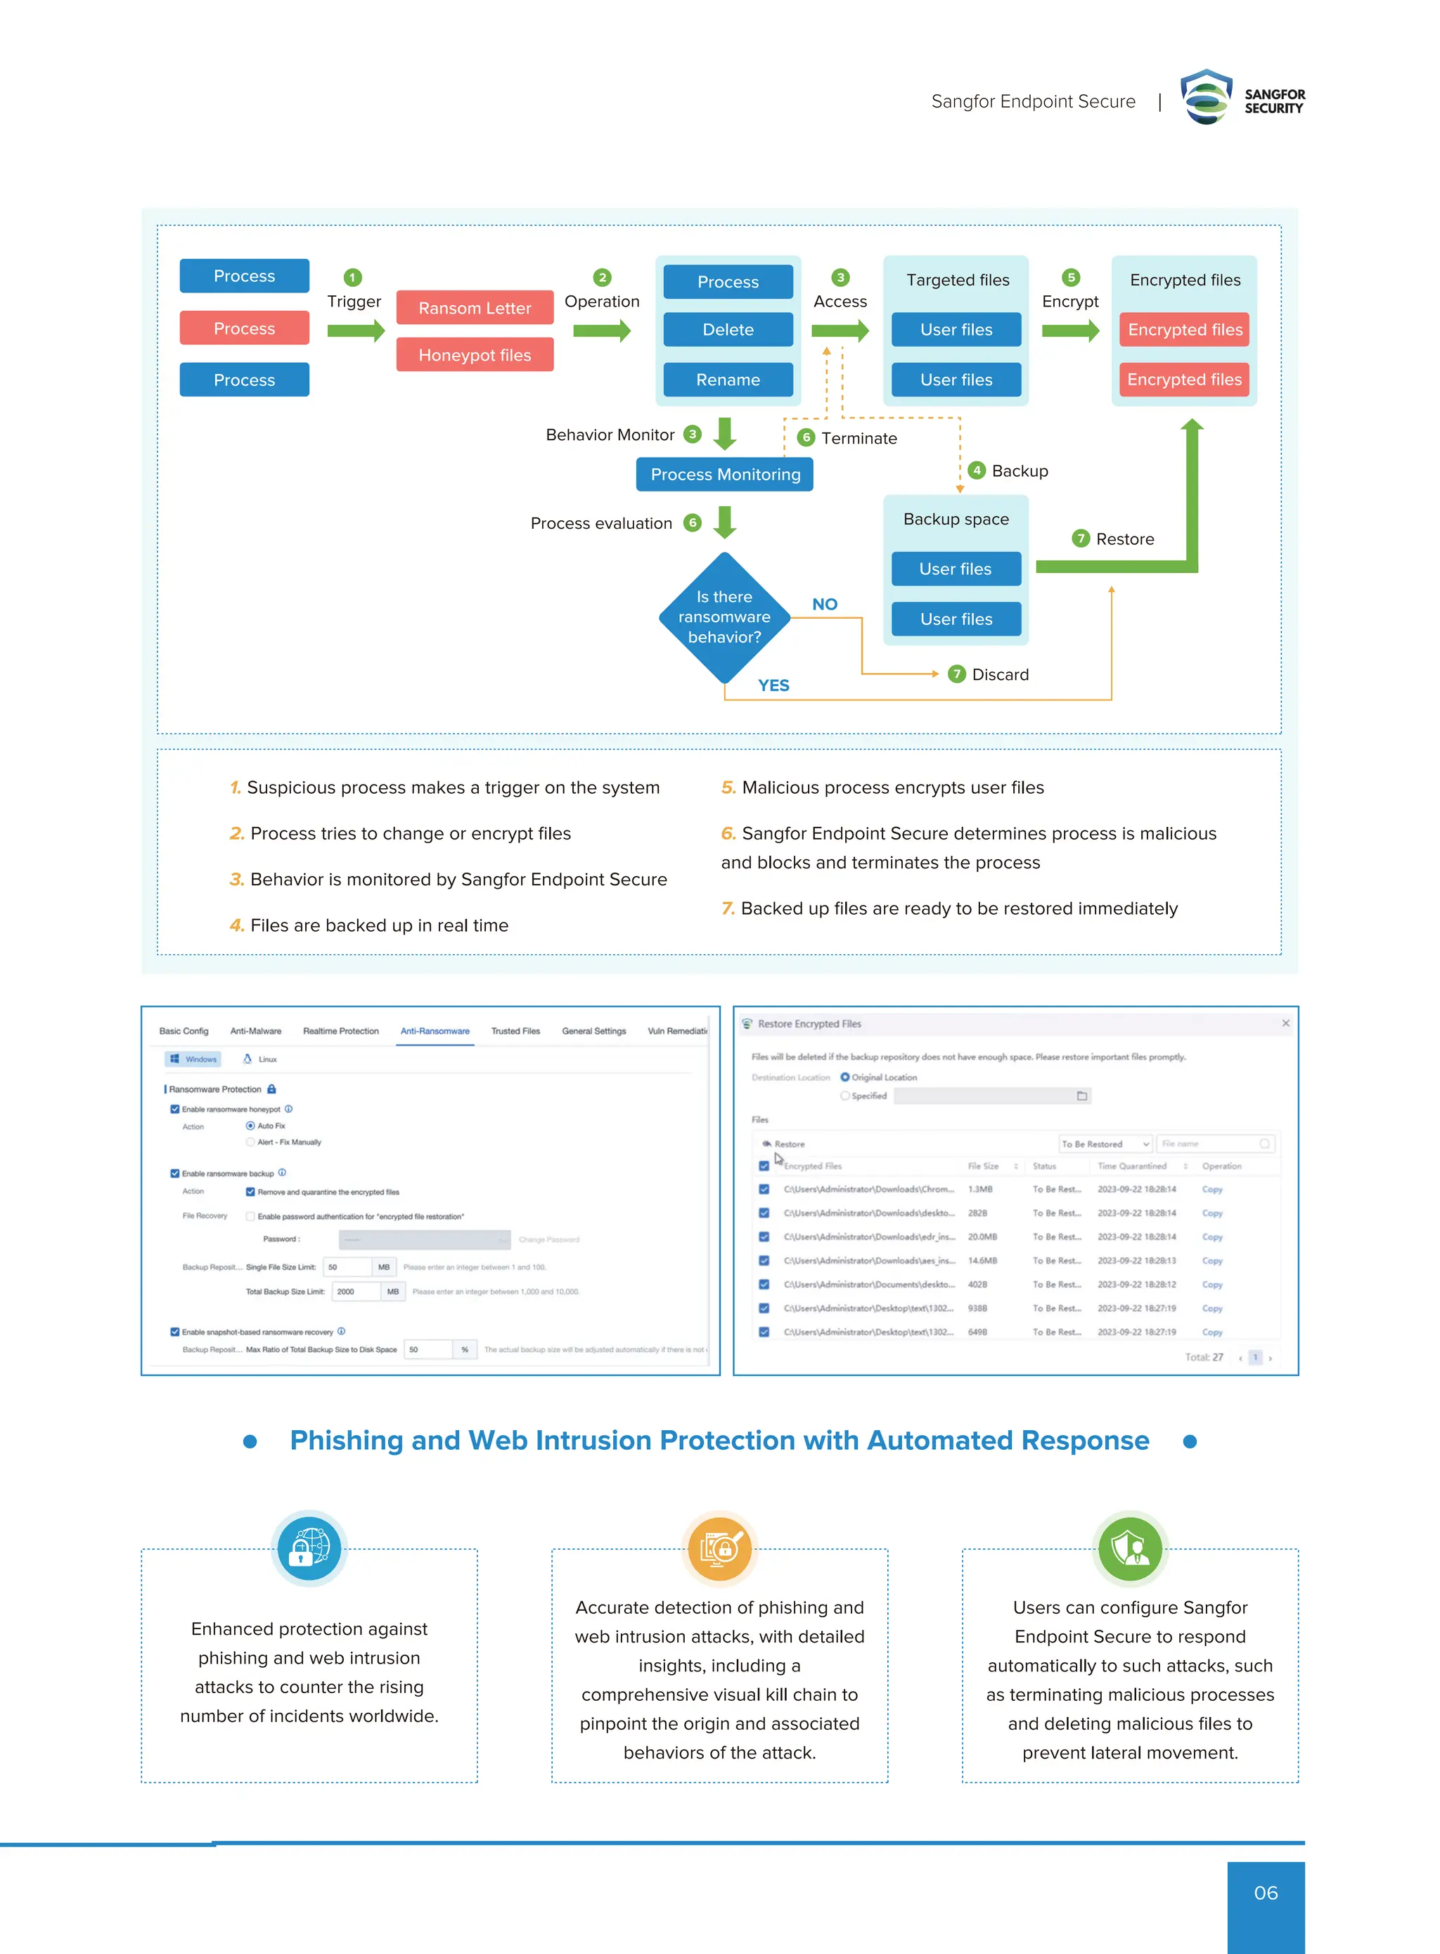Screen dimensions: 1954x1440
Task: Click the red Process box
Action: pos(244,328)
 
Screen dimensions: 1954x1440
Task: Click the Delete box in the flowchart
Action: pos(728,330)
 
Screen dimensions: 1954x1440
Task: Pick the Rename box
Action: pos(728,380)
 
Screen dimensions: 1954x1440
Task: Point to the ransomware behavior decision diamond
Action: pos(724,617)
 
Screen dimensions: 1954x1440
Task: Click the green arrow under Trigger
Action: pos(356,330)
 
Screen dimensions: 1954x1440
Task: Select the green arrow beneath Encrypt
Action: pos(1070,330)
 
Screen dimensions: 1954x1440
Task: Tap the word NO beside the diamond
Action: pos(825,604)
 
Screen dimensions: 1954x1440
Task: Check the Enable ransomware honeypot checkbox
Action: pos(175,1110)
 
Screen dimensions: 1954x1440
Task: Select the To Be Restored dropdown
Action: pos(1105,1143)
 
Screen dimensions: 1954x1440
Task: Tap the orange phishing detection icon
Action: pos(719,1549)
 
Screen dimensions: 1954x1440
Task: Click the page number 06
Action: pos(1265,1893)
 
